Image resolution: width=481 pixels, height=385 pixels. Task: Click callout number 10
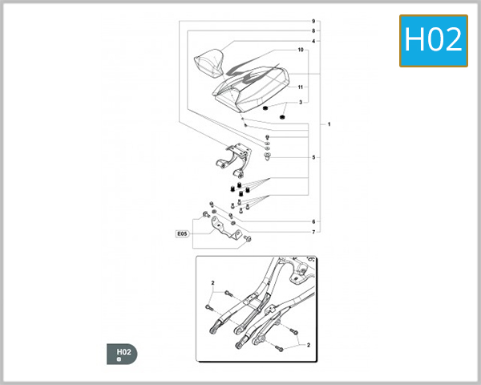click(301, 51)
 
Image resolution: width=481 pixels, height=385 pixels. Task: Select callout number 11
click(301, 87)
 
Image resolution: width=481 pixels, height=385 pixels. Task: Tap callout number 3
click(301, 103)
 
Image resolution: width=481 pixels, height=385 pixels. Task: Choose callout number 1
click(329, 125)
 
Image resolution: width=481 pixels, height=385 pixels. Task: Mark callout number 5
click(313, 157)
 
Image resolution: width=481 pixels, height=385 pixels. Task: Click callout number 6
click(313, 221)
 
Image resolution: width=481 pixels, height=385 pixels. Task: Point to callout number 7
click(313, 232)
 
